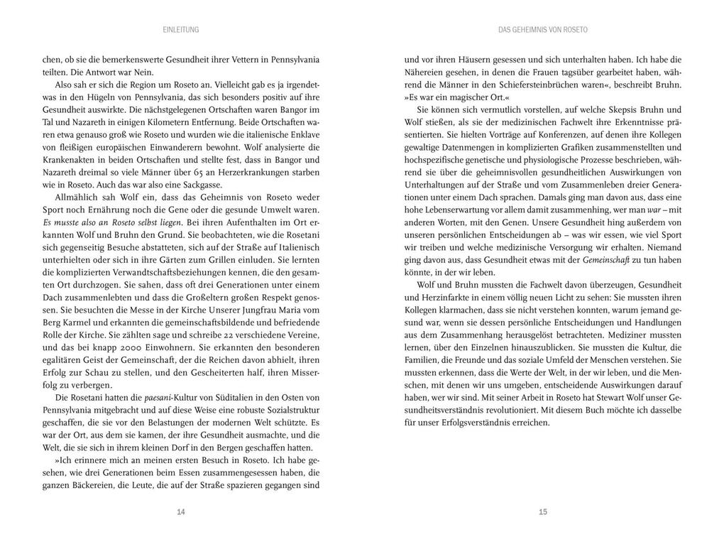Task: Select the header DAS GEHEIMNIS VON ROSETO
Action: [543, 30]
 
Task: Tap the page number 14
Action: [181, 511]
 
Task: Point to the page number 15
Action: [543, 511]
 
